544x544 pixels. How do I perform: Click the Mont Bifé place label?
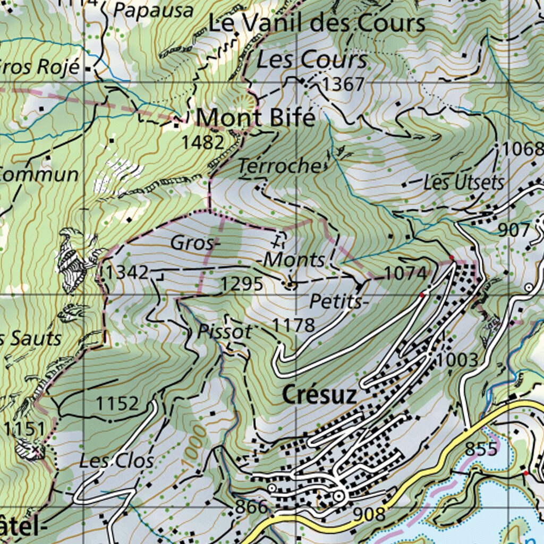point(256,117)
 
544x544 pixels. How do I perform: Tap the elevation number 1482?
point(202,142)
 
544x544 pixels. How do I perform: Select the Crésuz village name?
point(319,395)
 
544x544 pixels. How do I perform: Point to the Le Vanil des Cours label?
point(316,23)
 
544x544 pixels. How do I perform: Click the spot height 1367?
point(343,84)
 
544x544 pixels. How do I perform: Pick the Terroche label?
point(279,166)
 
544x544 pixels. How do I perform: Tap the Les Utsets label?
point(463,183)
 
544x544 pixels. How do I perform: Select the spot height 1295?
point(242,284)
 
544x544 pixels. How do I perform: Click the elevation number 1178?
point(294,325)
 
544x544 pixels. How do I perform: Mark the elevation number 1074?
point(405,273)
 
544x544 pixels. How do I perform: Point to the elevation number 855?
point(482,448)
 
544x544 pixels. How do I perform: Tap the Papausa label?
point(153,10)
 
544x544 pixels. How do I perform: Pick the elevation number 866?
point(251,507)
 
